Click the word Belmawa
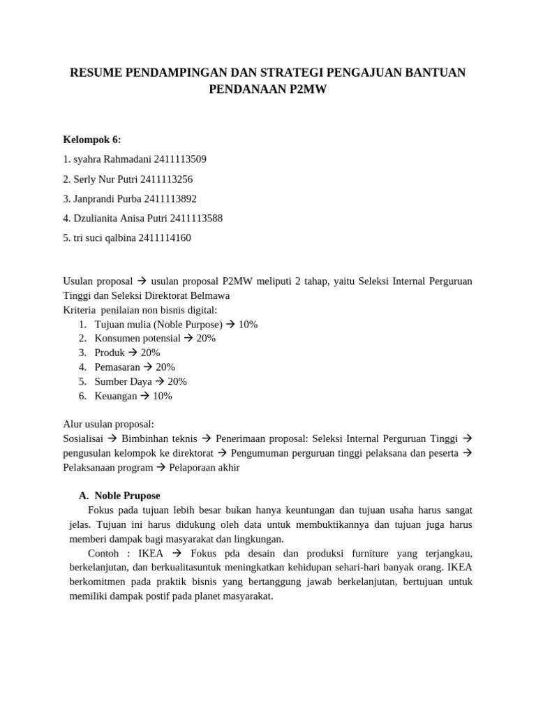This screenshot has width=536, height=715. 209,295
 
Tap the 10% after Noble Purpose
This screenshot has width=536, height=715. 248,324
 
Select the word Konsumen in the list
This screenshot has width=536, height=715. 117,339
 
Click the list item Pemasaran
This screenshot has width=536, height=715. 117,367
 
